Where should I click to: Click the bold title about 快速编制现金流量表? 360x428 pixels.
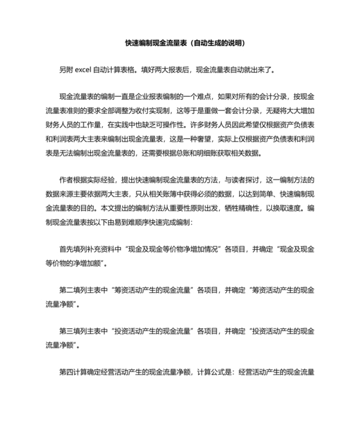pos(179,43)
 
